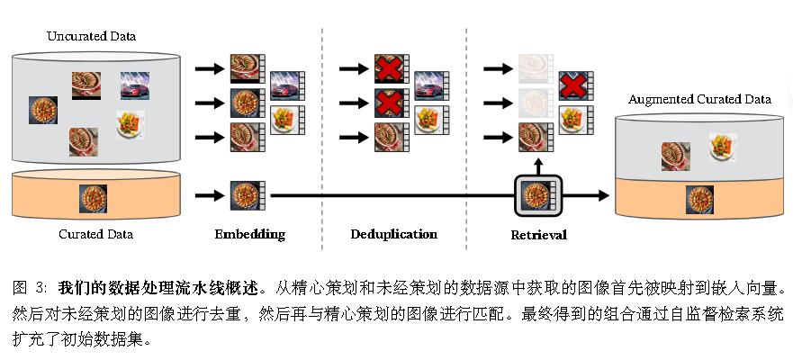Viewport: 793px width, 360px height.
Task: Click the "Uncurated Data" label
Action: click(x=91, y=36)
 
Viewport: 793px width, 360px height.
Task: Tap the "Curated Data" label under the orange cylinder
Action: click(x=95, y=235)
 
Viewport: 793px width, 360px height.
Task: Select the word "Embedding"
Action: click(x=249, y=235)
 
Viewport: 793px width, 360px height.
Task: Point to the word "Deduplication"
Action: click(x=393, y=235)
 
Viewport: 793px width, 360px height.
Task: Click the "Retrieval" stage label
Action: click(x=537, y=236)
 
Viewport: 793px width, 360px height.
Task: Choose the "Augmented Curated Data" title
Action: click(x=699, y=99)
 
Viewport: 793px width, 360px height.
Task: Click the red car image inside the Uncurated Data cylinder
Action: click(x=134, y=85)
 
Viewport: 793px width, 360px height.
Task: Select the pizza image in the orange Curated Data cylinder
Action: click(x=94, y=196)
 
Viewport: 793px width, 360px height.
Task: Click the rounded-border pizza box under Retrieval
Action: click(x=537, y=195)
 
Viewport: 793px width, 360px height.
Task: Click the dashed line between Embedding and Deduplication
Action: click(x=321, y=135)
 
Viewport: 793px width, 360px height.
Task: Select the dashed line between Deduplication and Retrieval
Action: click(x=465, y=135)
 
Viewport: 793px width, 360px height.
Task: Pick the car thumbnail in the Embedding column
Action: click(x=287, y=87)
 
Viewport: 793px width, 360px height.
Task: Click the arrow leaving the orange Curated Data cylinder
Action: click(x=208, y=195)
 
